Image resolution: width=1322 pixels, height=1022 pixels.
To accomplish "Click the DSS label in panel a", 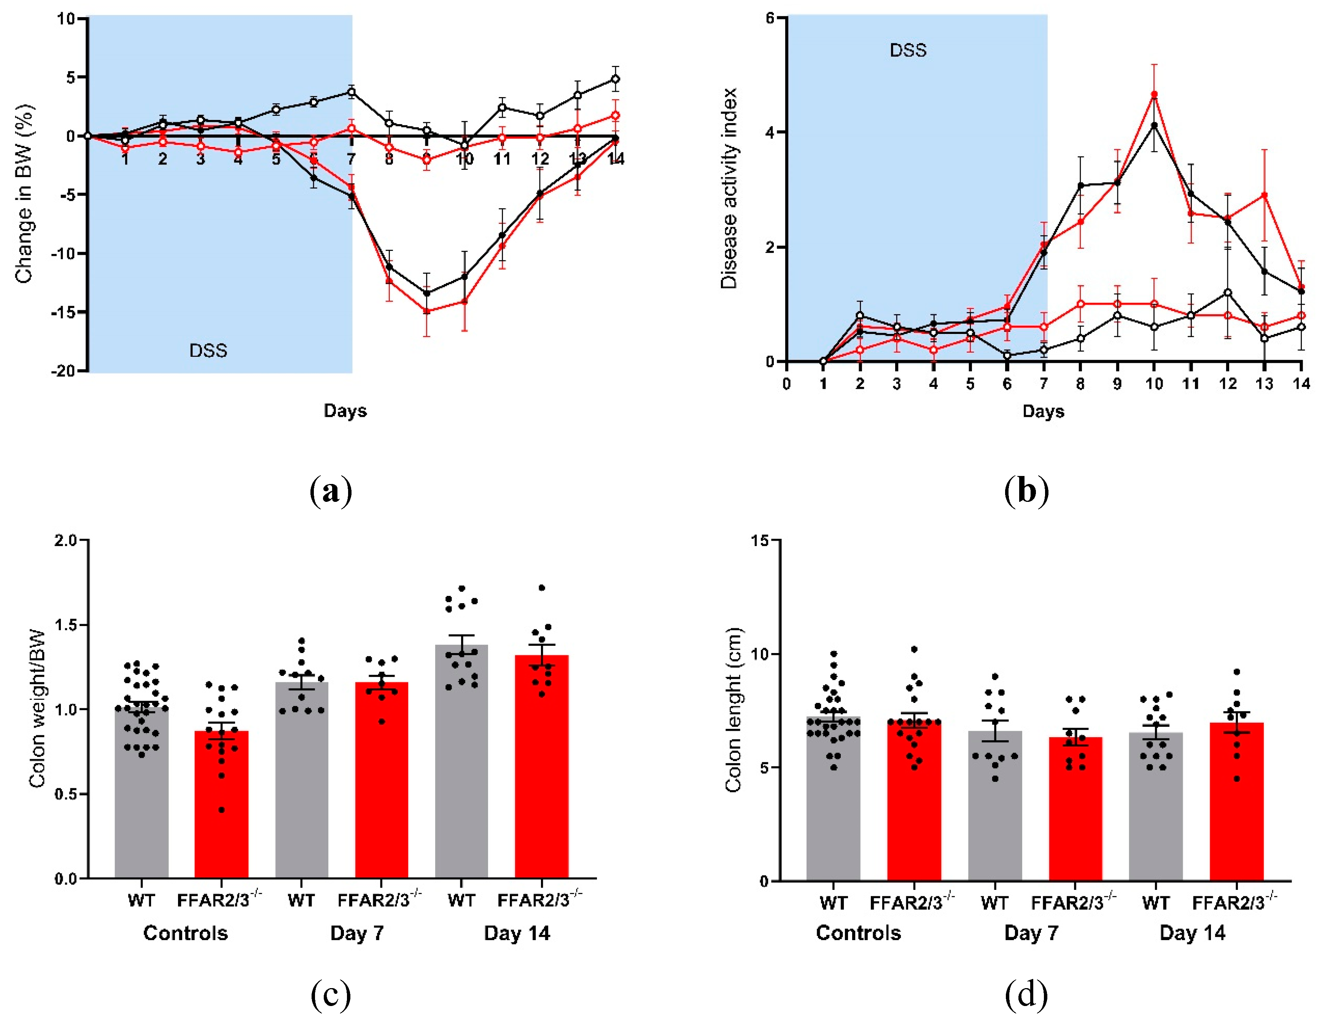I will point(208,351).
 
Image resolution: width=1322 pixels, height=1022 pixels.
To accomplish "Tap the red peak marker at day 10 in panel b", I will point(1154,94).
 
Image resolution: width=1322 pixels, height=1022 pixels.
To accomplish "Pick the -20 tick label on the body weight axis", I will point(62,371).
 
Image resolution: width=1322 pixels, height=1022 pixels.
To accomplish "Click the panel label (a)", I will point(331,491).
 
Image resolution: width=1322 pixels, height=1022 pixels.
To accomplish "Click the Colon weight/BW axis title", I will point(38,709).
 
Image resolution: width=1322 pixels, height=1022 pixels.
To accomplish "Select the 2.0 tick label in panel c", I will point(65,540).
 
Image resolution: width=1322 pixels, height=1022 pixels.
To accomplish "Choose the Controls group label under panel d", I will point(858,933).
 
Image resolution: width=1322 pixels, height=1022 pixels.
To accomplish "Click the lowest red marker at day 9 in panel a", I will point(427,311).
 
